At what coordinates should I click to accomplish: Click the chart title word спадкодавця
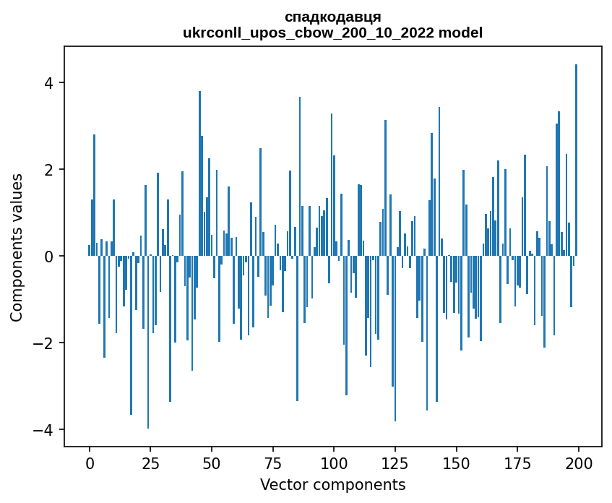333,17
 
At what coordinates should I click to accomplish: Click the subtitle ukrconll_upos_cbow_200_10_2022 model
333,33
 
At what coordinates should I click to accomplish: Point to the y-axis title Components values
16,247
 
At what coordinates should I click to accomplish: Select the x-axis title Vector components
332,484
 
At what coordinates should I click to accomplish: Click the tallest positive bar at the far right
576,159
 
